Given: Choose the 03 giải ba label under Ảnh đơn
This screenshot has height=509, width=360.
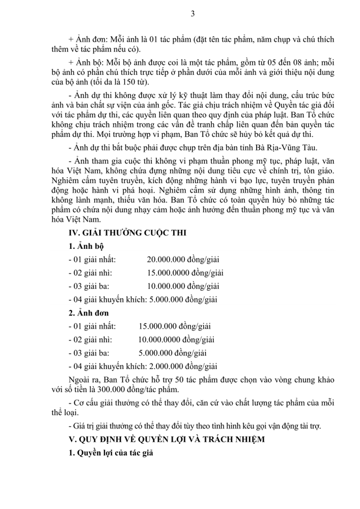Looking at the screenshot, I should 89,352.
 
